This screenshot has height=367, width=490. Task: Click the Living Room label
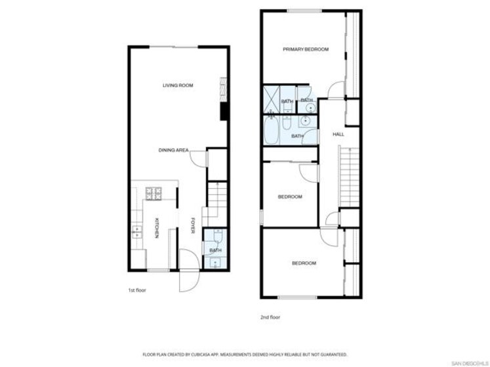pos(178,85)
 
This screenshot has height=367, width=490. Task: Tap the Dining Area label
pos(173,150)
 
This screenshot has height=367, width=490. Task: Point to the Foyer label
pos(193,225)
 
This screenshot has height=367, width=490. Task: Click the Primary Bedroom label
pos(306,49)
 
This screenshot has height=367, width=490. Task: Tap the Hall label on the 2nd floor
pos(338,134)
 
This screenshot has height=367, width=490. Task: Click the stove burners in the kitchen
pos(153,193)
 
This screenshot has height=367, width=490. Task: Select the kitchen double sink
pos(136,232)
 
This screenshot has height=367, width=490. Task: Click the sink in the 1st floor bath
pos(215,263)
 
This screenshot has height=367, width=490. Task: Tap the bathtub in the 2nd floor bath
pos(272,131)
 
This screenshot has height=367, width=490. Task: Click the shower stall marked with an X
pos(272,100)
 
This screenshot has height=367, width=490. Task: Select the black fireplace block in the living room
pos(224,111)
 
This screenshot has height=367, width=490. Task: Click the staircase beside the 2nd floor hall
pos(350,178)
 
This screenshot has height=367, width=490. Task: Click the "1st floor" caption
pos(137,290)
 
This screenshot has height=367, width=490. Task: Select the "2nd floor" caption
pos(270,317)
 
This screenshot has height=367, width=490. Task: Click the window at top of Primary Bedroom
pos(304,11)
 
